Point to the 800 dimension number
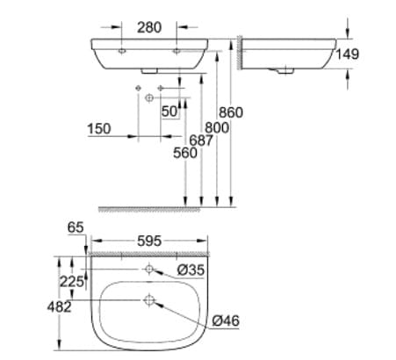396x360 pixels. pos(217,127)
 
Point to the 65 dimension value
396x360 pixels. pos(76,227)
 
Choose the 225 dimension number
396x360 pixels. pos(71,281)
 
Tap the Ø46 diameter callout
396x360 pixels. pos(224,320)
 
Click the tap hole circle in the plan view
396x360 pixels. pos(149,267)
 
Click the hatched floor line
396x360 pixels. pos(167,208)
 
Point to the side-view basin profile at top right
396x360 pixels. pos(290,53)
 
